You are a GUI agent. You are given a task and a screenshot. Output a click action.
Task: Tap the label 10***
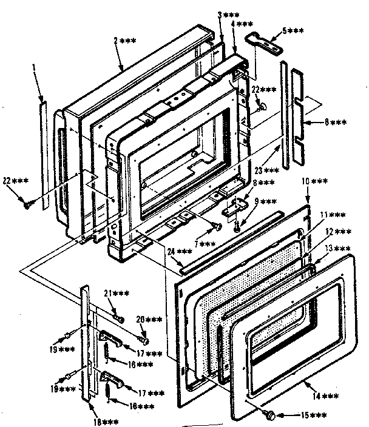click(315, 181)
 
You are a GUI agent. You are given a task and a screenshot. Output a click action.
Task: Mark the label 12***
click(338, 231)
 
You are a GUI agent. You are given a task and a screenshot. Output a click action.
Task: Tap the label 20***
click(150, 319)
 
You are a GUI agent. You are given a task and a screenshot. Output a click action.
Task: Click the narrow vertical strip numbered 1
click(44, 158)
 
